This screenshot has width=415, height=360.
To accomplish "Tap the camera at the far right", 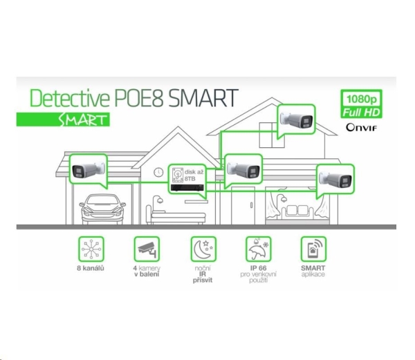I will (x=333, y=177).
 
